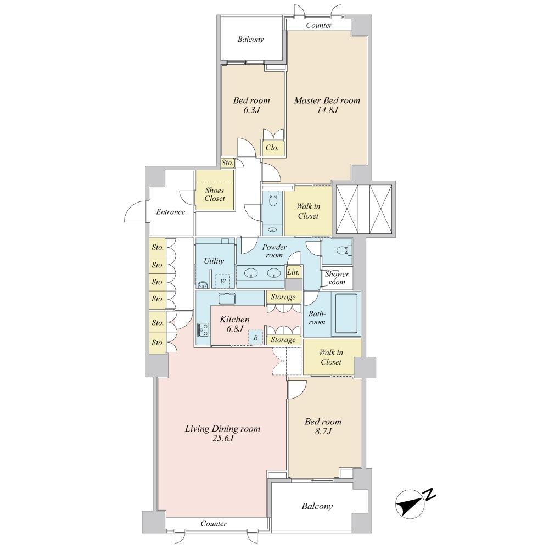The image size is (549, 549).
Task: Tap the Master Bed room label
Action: pos(327,100)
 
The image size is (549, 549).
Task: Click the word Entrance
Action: pos(170,212)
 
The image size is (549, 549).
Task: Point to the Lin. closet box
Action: pos(293,272)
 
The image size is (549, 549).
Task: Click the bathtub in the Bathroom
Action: pos(346,313)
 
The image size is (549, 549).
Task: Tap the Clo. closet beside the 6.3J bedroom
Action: pos(273,148)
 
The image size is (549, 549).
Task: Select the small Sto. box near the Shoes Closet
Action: pos(227,163)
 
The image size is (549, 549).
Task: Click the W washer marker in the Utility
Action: pos(223,281)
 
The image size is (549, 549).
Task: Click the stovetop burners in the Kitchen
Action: pos(203,330)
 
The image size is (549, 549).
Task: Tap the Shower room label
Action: pos(337,278)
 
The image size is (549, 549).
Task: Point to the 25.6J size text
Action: pos(222,439)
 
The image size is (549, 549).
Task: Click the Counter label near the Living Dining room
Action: pos(214,524)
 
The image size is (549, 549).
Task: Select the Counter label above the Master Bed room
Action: pos(318,25)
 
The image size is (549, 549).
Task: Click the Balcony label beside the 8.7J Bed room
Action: pos(317,507)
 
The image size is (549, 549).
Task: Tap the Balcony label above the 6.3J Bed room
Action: pos(251,40)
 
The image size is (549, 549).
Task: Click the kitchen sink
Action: pos(227,298)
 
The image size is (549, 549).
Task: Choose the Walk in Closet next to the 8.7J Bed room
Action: pos(330,357)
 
